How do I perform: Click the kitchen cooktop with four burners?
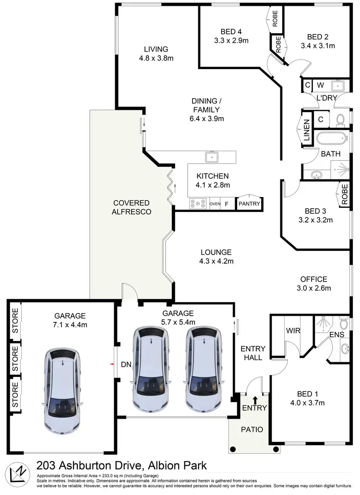click(x=197, y=204)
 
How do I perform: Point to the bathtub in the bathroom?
click(x=331, y=139)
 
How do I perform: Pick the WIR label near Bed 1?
click(x=292, y=330)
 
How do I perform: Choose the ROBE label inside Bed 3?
click(x=344, y=194)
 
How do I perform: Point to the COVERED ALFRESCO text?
click(x=131, y=207)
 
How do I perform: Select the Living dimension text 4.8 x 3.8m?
click(x=156, y=58)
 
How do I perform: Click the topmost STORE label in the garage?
click(x=15, y=318)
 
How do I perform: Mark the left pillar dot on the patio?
click(x=233, y=449)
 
